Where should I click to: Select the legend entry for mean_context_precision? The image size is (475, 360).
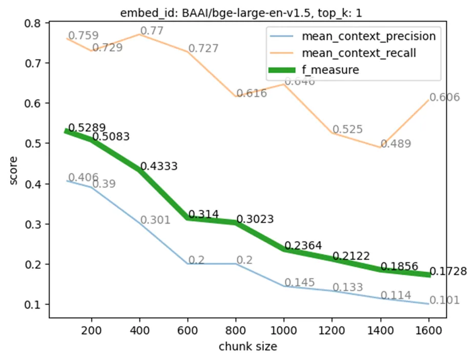pos(368,36)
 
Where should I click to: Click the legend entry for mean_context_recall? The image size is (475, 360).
pos(358,53)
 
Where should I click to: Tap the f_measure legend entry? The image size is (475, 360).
pos(331,70)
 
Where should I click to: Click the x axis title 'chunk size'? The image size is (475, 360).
pos(248,347)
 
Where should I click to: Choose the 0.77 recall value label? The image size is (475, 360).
pos(152,31)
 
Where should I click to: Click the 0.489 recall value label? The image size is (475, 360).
pos(395,144)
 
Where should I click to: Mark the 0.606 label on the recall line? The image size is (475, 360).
pos(444,97)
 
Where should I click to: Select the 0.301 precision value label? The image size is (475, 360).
pos(155,220)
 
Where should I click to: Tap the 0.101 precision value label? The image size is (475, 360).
pos(444,300)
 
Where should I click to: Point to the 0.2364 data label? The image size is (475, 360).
pos(303,246)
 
